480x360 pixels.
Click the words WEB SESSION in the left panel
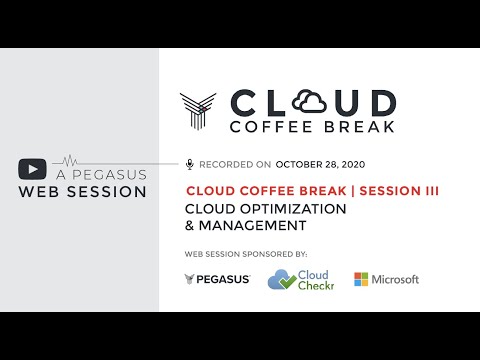(x=83, y=192)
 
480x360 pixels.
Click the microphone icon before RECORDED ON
(x=189, y=163)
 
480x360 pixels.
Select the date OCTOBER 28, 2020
(x=320, y=163)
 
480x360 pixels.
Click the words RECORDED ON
(x=236, y=163)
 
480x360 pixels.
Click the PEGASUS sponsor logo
(x=217, y=279)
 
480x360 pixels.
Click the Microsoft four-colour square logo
(x=361, y=279)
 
